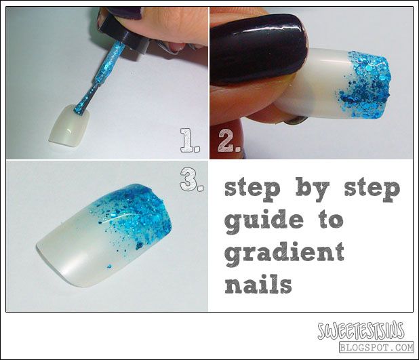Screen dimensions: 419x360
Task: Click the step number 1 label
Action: coord(190,140)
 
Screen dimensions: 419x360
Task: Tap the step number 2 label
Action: coord(229,141)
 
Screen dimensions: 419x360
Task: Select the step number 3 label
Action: coord(192,180)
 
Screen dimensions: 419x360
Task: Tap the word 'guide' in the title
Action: coord(264,220)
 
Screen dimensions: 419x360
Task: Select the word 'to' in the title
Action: coord(330,221)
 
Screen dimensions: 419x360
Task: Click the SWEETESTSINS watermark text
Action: coord(361,330)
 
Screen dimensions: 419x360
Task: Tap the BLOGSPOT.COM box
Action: coord(377,347)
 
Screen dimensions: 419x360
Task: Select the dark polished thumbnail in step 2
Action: coord(258,49)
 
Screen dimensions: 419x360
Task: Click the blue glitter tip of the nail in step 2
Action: coord(365,85)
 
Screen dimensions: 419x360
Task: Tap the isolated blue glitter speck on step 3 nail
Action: coord(109,266)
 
